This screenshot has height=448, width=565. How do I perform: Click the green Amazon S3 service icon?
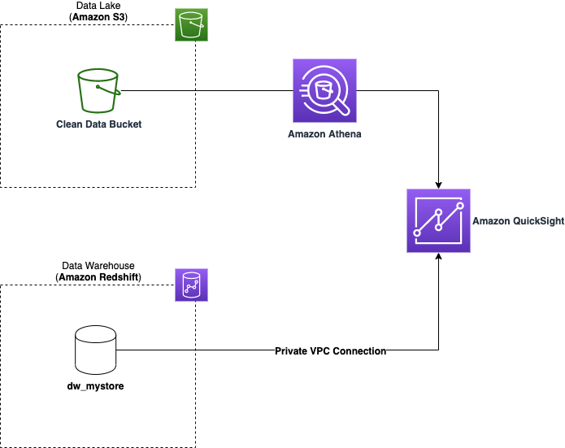pyautogui.click(x=191, y=25)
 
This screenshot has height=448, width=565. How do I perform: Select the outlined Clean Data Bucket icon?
pyautogui.click(x=99, y=90)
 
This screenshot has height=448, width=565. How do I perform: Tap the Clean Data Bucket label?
pyautogui.click(x=98, y=124)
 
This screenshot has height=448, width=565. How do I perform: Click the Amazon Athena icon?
pyautogui.click(x=324, y=91)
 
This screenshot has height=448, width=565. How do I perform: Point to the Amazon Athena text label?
pyautogui.click(x=324, y=134)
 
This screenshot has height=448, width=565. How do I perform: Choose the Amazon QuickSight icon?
pyautogui.click(x=438, y=220)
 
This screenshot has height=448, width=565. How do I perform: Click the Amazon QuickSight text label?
pyautogui.click(x=518, y=221)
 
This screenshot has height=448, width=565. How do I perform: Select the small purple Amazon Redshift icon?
pyautogui.click(x=191, y=285)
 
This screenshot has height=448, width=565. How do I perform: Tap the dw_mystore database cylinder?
pyautogui.click(x=95, y=350)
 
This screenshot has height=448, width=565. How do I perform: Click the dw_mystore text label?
pyautogui.click(x=95, y=386)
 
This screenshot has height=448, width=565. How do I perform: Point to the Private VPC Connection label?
pyautogui.click(x=330, y=351)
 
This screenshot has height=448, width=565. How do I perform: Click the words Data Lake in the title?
pyautogui.click(x=98, y=6)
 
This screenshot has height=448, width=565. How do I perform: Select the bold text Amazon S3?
pyautogui.click(x=98, y=17)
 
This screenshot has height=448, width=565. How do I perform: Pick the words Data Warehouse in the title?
pyautogui.click(x=98, y=266)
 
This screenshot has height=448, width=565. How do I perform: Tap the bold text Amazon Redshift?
pyautogui.click(x=98, y=277)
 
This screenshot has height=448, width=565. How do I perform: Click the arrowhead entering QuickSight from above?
pyautogui.click(x=438, y=185)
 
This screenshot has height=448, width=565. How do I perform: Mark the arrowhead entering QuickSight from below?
pyautogui.click(x=438, y=256)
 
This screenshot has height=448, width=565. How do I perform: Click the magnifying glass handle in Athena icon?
pyautogui.click(x=342, y=108)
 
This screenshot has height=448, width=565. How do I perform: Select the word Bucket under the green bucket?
pyautogui.click(x=125, y=124)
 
